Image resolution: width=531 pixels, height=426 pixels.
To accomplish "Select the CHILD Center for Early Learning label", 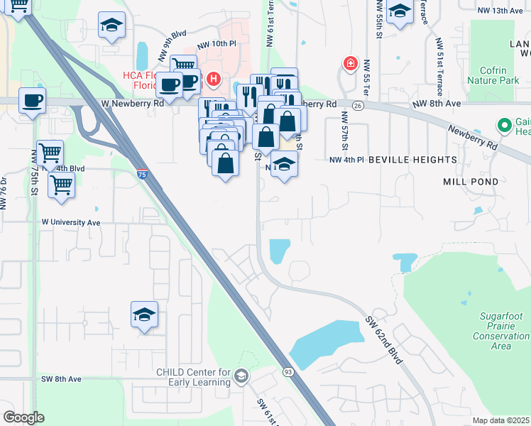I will (x=194, y=377).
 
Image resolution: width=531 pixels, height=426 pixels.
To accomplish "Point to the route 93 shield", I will (x=288, y=372).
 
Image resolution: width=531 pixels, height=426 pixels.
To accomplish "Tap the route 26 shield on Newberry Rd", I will (x=357, y=105).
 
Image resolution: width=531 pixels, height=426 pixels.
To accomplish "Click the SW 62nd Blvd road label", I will (x=385, y=340).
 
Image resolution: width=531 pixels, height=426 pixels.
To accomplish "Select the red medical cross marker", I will (x=350, y=64).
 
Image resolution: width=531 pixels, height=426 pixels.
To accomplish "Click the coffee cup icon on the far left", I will (x=32, y=100).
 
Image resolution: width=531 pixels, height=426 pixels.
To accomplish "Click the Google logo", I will (x=23, y=417).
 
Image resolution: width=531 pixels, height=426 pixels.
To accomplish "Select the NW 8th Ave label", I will (x=435, y=104).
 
